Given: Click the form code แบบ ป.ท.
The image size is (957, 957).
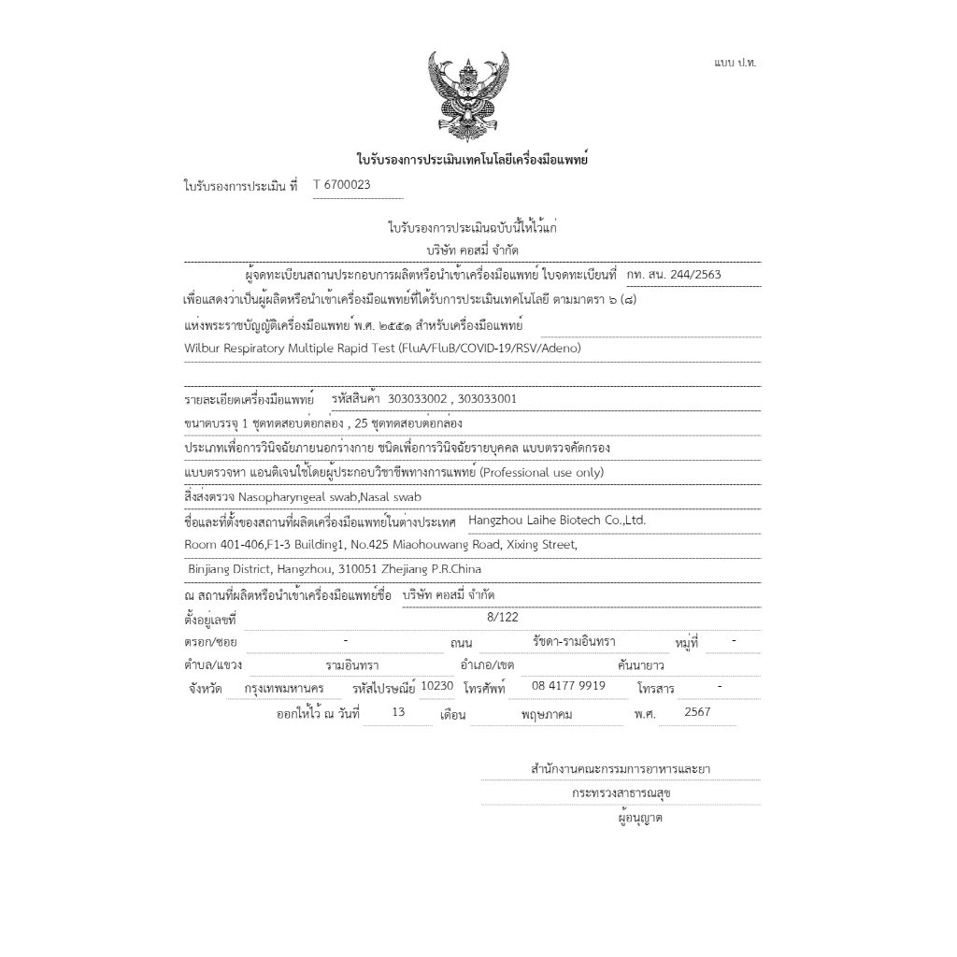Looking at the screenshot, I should pos(736,62).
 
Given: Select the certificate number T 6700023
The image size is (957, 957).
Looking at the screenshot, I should pos(342,185).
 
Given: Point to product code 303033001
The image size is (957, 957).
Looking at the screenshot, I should pos(488,399).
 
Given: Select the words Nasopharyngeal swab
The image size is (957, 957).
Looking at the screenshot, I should pos(284,497).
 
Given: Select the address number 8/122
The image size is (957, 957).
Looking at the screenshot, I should pos(502,618).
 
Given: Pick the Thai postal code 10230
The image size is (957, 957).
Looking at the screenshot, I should pos(437,686).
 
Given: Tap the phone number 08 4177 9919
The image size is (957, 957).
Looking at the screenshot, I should pos(568,686).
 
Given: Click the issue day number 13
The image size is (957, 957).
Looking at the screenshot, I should pos(399,712).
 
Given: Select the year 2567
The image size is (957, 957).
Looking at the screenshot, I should pos(697,712).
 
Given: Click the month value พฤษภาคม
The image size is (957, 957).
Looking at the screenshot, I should pos(548,714).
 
